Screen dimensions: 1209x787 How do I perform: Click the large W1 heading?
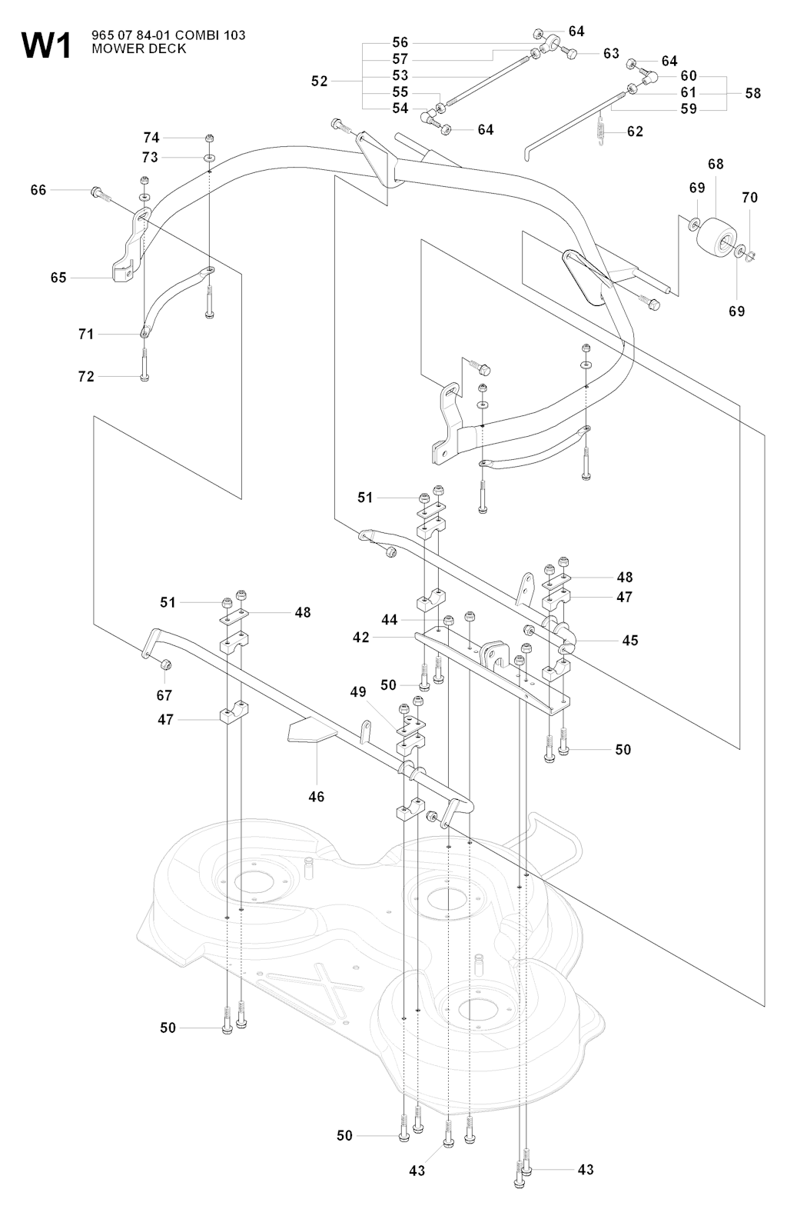click(x=47, y=46)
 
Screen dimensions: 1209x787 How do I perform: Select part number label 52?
click(x=320, y=81)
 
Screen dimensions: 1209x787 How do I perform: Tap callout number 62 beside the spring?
click(x=635, y=132)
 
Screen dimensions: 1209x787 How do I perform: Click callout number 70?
click(x=749, y=198)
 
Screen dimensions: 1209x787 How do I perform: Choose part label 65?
click(x=58, y=278)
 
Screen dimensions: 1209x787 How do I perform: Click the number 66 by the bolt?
click(x=38, y=190)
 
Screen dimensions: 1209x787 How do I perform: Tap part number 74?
click(x=151, y=138)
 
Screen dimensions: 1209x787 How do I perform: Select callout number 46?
click(x=317, y=797)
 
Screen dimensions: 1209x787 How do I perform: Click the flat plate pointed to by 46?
click(x=311, y=730)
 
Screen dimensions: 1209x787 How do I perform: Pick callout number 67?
click(x=164, y=695)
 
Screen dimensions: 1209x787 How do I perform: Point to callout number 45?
click(x=630, y=640)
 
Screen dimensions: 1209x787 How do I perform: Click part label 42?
click(x=361, y=638)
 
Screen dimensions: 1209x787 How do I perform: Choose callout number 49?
click(x=358, y=692)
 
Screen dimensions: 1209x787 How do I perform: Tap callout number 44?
click(x=390, y=620)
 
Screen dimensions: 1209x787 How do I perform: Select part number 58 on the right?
click(x=753, y=93)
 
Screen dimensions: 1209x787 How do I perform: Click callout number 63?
click(x=611, y=54)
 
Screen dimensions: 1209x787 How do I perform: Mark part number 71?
click(x=86, y=334)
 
